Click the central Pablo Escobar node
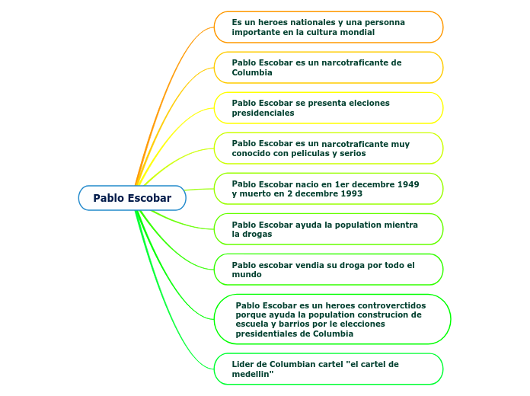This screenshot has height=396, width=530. [x=132, y=198]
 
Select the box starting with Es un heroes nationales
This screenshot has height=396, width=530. [x=328, y=27]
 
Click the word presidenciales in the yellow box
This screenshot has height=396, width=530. [x=263, y=113]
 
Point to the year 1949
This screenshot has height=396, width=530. [x=408, y=184]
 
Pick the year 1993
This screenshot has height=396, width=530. [x=351, y=193]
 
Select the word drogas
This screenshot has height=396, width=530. [x=257, y=235]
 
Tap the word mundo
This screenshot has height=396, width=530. [x=247, y=274]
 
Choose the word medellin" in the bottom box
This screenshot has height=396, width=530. [x=253, y=374]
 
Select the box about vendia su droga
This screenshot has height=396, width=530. [x=328, y=270]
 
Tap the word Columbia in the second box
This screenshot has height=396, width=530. [x=252, y=72]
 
